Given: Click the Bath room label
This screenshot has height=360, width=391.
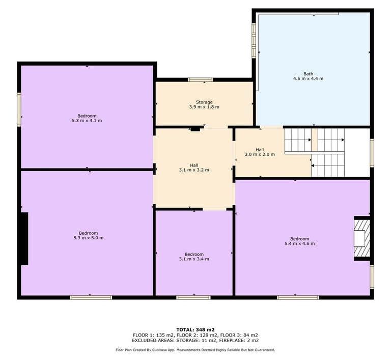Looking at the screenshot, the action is (308, 74).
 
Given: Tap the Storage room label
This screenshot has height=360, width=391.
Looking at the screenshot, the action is (204, 102).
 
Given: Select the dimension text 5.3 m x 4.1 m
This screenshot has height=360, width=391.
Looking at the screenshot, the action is (87, 121).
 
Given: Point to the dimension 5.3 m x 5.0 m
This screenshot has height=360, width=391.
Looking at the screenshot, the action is (88, 238).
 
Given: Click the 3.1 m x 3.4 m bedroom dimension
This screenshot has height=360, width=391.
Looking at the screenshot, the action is (194, 259).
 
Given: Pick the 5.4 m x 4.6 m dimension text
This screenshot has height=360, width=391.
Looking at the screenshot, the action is (300, 243).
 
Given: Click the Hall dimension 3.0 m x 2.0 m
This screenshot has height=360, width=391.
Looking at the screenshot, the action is (260, 154).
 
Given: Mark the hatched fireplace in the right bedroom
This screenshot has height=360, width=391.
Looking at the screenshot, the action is (362, 238).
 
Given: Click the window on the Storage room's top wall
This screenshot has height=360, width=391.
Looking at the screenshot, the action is (201, 80).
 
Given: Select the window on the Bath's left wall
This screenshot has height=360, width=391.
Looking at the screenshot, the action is (254, 41).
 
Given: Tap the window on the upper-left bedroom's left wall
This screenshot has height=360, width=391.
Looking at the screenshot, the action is (19, 109).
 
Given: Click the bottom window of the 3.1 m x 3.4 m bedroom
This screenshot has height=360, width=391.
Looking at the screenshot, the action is (193, 297).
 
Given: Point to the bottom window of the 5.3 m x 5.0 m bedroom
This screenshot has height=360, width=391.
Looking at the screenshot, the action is (91, 297).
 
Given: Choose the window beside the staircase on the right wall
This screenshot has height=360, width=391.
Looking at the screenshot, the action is (372, 153).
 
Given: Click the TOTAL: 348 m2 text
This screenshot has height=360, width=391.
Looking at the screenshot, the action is (195, 329).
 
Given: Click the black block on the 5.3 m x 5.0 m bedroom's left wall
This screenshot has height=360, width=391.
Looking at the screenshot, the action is (24, 238).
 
